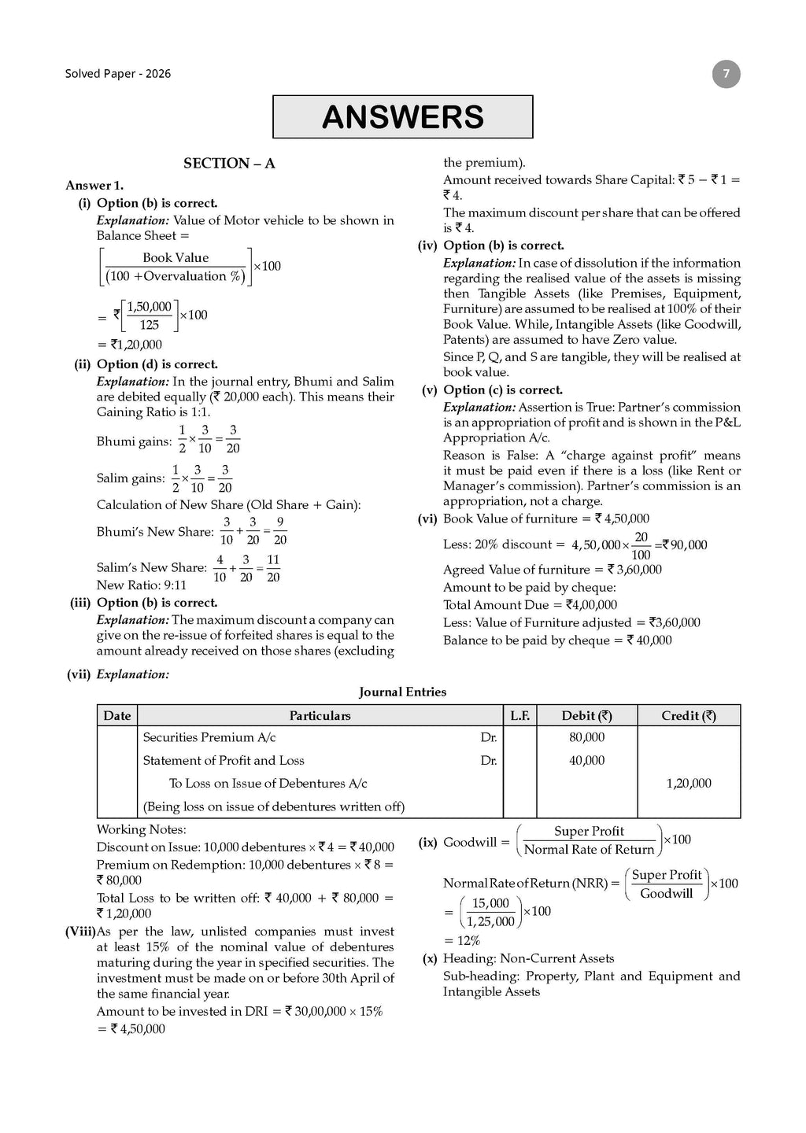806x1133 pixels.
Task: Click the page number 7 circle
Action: coord(726,75)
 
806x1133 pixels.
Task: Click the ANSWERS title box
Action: coord(402,116)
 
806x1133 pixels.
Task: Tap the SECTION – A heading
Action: coord(229,164)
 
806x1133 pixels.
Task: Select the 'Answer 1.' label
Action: coord(94,186)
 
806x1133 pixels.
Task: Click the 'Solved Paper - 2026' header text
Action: coord(117,74)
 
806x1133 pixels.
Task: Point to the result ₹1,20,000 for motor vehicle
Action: coord(130,345)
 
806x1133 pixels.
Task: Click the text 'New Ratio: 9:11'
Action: coord(142,585)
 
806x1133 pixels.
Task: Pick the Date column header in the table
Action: coord(117,716)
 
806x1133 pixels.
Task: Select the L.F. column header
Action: coord(519,716)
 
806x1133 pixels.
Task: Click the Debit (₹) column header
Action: coord(586,716)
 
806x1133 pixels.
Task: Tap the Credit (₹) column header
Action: coord(689,716)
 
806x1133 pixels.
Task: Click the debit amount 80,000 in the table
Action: coord(586,738)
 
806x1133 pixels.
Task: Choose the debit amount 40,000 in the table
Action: coord(586,761)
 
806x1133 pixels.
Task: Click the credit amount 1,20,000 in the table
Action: coord(689,784)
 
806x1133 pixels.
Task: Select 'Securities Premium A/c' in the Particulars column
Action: coord(209,738)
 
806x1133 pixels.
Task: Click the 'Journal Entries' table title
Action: coord(402,692)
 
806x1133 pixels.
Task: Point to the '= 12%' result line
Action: coord(462,941)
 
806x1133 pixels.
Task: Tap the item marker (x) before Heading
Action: coord(430,959)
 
